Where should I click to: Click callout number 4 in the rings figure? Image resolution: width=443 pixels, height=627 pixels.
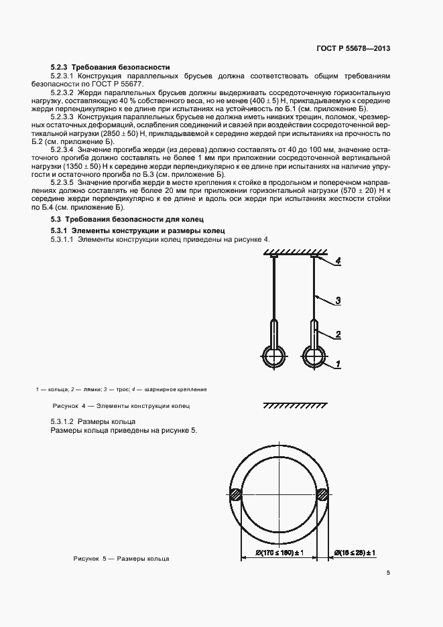[339, 263]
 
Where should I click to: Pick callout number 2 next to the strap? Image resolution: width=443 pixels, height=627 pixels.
[339, 334]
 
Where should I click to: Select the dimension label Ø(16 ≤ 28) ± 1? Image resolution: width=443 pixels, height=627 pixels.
[354, 553]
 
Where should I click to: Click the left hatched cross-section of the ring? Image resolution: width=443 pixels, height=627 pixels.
[237, 496]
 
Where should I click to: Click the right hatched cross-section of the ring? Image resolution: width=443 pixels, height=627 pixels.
[322, 496]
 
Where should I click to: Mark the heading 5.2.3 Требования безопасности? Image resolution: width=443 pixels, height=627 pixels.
[110, 67]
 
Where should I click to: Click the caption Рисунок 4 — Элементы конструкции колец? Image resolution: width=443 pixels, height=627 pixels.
[121, 406]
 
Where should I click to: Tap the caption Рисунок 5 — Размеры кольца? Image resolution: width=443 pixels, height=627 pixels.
[121, 558]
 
